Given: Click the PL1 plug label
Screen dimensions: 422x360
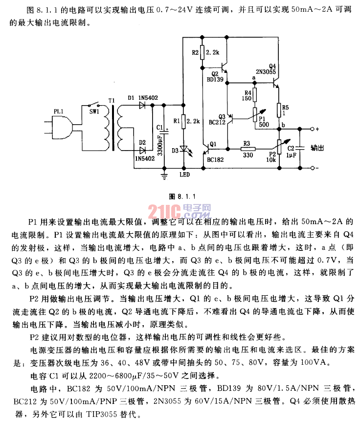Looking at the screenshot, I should (x=58, y=112).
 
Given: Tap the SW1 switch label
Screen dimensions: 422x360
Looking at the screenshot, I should (x=93, y=112).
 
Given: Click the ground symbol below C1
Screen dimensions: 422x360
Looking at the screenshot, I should (x=165, y=172).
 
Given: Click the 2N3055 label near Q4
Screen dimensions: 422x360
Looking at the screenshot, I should (x=266, y=71).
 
